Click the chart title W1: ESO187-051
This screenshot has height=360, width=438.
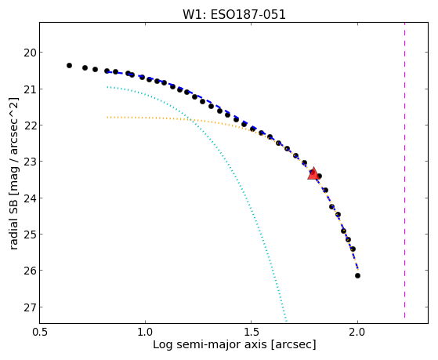(x=234, y=14)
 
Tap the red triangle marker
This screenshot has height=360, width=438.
(x=313, y=173)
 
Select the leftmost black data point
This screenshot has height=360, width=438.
(x=69, y=65)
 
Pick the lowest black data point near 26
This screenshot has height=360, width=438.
(x=357, y=275)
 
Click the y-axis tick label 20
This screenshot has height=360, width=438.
(x=30, y=53)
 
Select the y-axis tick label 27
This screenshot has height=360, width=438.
(x=30, y=307)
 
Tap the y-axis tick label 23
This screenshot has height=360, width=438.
(x=30, y=162)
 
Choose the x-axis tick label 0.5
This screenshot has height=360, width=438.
(x=40, y=332)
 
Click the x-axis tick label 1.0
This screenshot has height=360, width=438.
(x=145, y=332)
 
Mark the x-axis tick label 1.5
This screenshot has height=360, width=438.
(x=252, y=332)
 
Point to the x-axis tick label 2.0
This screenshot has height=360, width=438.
(x=357, y=332)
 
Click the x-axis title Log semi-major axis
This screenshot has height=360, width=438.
(x=210, y=345)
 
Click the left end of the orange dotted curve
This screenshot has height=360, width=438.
(x=107, y=117)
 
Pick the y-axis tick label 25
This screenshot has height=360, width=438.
(x=30, y=235)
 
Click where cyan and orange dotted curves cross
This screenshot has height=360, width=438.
(x=191, y=120)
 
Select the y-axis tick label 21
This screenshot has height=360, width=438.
(x=30, y=89)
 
